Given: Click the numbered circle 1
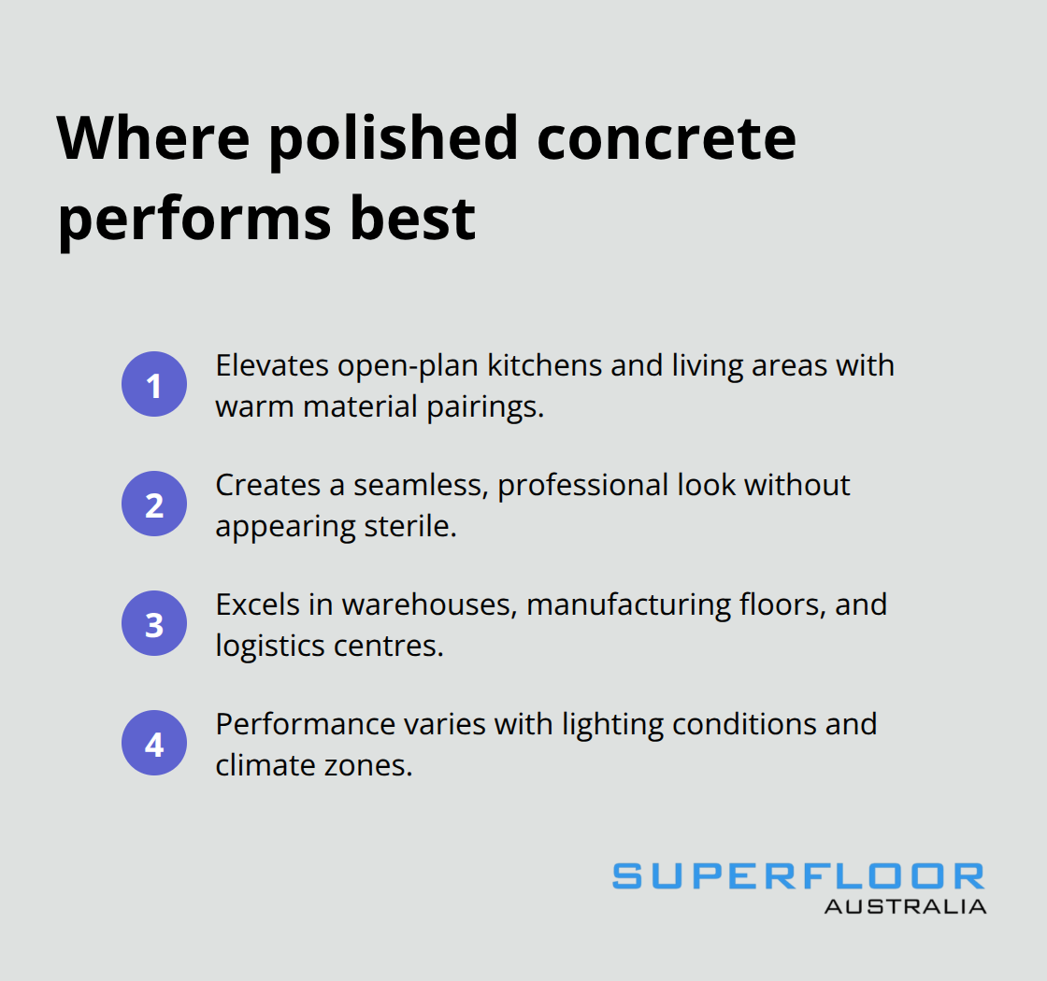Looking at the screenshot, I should click(154, 384).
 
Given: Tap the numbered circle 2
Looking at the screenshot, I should click(154, 504).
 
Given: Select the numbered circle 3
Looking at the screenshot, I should click(154, 623).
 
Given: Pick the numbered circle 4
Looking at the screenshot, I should click(154, 744).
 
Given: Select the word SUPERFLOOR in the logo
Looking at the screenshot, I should click(798, 876).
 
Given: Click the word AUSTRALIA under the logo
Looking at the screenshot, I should click(905, 905).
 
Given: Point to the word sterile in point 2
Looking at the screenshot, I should click(409, 526).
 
